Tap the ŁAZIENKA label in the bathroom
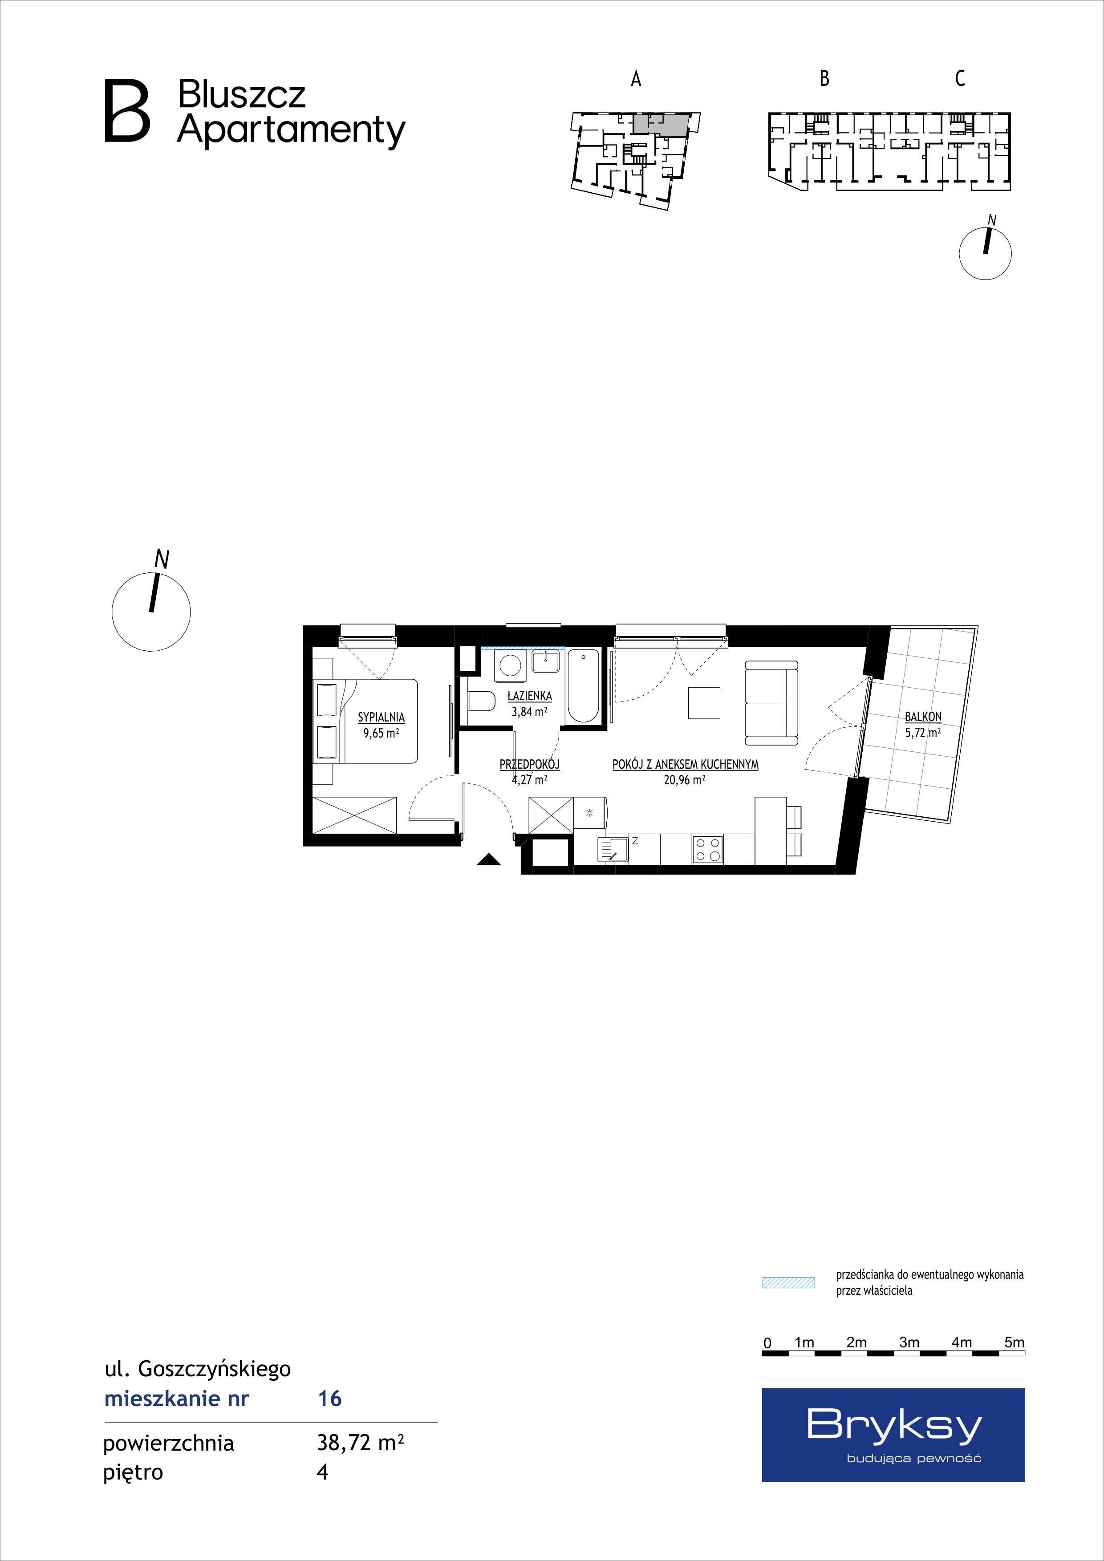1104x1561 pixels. (530, 696)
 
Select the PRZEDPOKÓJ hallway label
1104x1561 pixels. (530, 765)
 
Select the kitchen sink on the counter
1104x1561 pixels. (613, 850)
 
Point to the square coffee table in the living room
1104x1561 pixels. (704, 702)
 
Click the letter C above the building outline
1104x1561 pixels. (960, 79)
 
